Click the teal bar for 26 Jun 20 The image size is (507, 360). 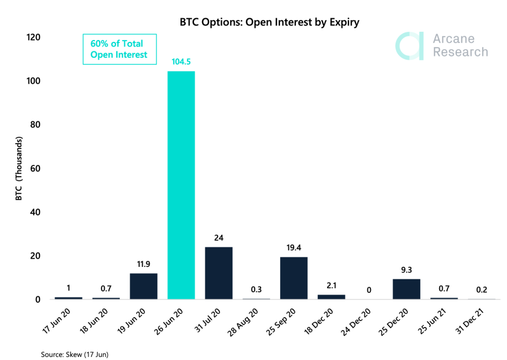tap(181, 185)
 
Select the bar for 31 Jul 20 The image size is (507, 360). tap(219, 273)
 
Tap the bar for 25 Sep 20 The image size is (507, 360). tap(294, 278)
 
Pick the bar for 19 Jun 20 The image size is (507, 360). tap(143, 286)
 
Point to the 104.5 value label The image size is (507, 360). tap(181, 61)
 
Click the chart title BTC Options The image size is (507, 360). tap(269, 22)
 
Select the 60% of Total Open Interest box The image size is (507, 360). tap(120, 49)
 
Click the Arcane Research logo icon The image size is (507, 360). tap(409, 46)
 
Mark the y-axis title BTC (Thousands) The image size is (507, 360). tap(19, 169)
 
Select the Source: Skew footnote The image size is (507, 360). tap(74, 354)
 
